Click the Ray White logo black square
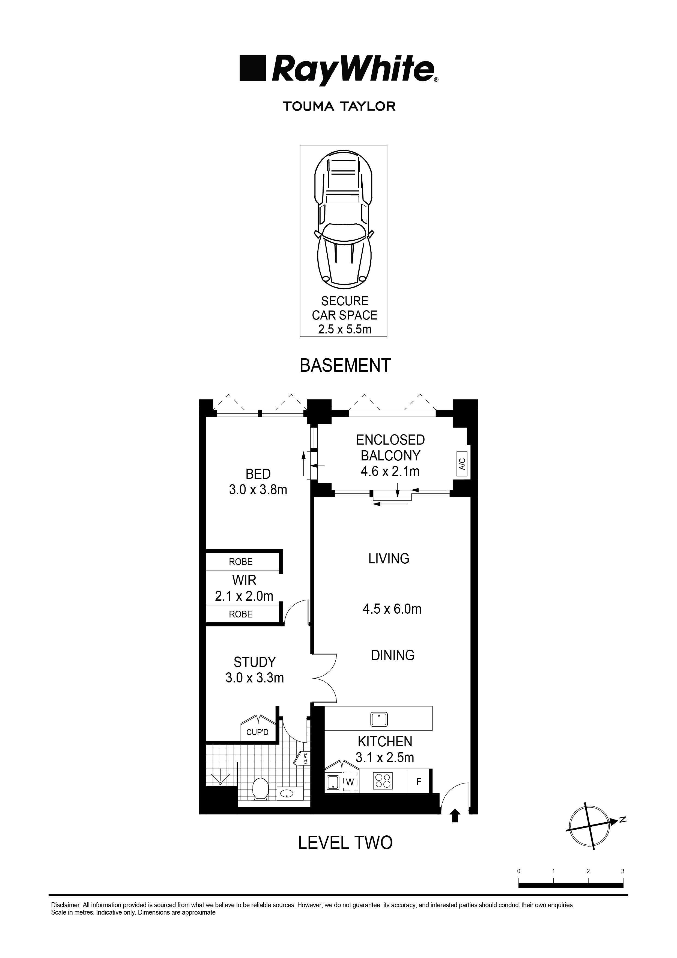[x=253, y=68]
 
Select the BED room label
[x=258, y=474]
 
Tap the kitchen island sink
[x=379, y=719]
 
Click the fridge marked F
[x=419, y=782]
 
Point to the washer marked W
[x=350, y=782]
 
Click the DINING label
[x=393, y=655]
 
